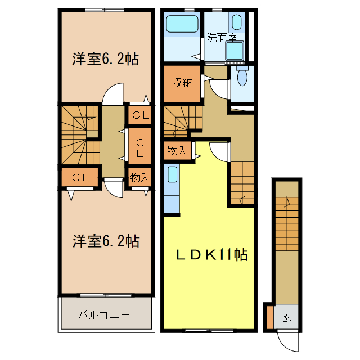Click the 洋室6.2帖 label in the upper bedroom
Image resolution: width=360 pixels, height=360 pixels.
click(105, 58)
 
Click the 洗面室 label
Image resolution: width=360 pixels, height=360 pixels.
click(222, 38)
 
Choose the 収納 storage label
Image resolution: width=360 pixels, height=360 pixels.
click(183, 83)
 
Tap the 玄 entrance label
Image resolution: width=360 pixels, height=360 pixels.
click(287, 317)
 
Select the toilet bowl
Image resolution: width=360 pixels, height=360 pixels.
click(242, 78)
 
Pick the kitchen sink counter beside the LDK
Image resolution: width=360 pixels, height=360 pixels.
click(172, 188)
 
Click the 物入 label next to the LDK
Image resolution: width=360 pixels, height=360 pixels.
click(177, 151)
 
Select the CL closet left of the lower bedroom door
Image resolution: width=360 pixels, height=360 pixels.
click(81, 178)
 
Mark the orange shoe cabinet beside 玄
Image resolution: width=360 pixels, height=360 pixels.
click(269, 317)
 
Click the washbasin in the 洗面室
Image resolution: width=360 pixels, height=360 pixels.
click(233, 51)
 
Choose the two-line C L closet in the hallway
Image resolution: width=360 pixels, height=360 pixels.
click(139, 146)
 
